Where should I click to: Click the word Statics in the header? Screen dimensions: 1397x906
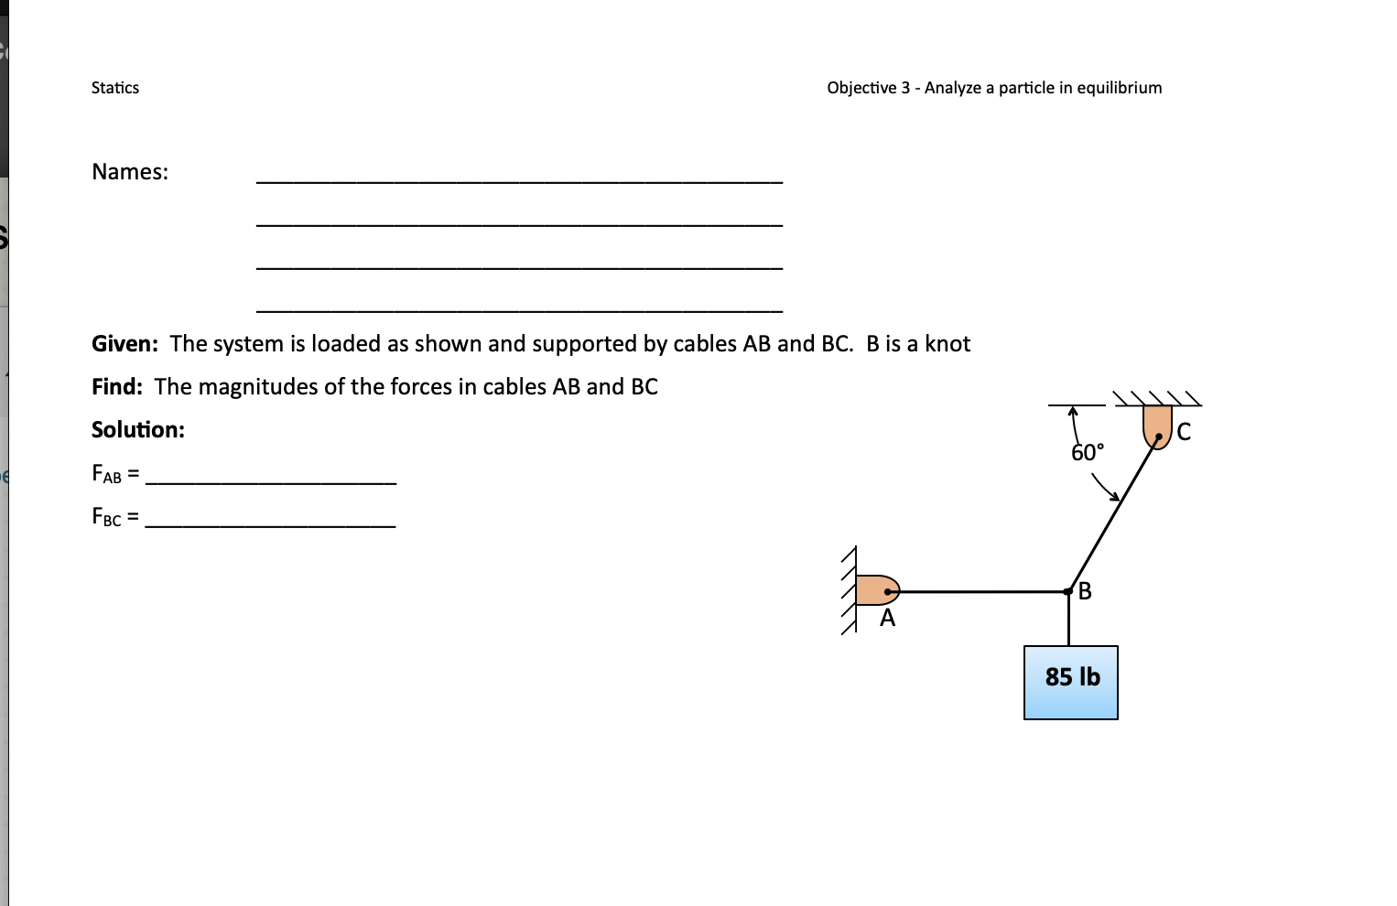tap(115, 88)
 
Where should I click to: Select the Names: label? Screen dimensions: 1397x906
tap(130, 172)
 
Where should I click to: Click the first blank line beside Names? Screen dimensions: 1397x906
tap(519, 181)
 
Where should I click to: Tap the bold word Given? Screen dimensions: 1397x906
tap(125, 344)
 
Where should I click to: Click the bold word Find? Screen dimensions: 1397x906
tap(117, 387)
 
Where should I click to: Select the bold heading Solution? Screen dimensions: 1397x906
tap(138, 430)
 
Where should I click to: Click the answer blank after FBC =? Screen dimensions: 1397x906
tap(271, 523)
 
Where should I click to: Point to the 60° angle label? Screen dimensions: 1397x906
tap(1088, 453)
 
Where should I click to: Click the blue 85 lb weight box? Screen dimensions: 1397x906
tap(1071, 683)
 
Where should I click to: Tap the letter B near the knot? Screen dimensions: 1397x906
tap(1086, 591)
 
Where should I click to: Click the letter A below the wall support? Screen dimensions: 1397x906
tap(887, 620)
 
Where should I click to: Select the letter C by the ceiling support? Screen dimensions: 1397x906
tap(1184, 432)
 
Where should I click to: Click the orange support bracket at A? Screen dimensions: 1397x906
tap(875, 590)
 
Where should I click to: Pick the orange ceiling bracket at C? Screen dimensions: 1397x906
tap(1157, 425)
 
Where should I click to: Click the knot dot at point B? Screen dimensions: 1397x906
tap(1068, 592)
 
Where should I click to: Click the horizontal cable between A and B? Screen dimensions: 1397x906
tap(980, 592)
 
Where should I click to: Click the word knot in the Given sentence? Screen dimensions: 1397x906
tap(948, 344)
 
